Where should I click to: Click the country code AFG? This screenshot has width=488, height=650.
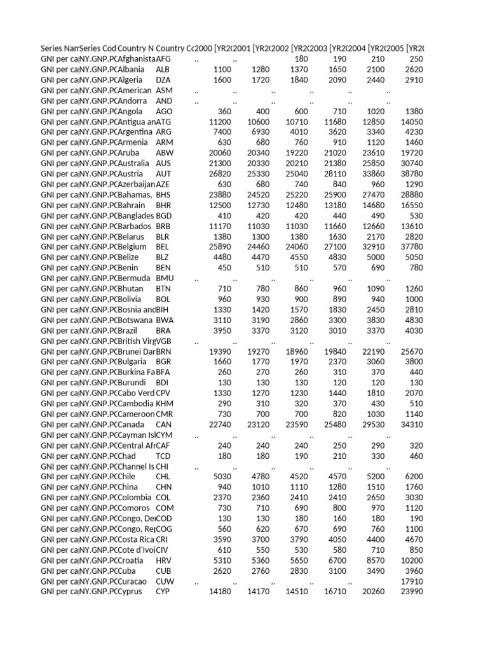(164, 59)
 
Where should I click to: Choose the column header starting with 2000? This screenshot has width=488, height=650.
(213, 48)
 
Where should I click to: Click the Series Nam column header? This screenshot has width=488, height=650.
(59, 48)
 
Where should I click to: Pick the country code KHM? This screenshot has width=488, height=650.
(165, 404)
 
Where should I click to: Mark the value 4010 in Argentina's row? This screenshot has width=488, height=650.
(298, 132)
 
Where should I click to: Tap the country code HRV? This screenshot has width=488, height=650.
(164, 560)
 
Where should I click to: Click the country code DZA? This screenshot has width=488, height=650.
(163, 80)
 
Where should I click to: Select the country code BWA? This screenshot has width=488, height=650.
(165, 320)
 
